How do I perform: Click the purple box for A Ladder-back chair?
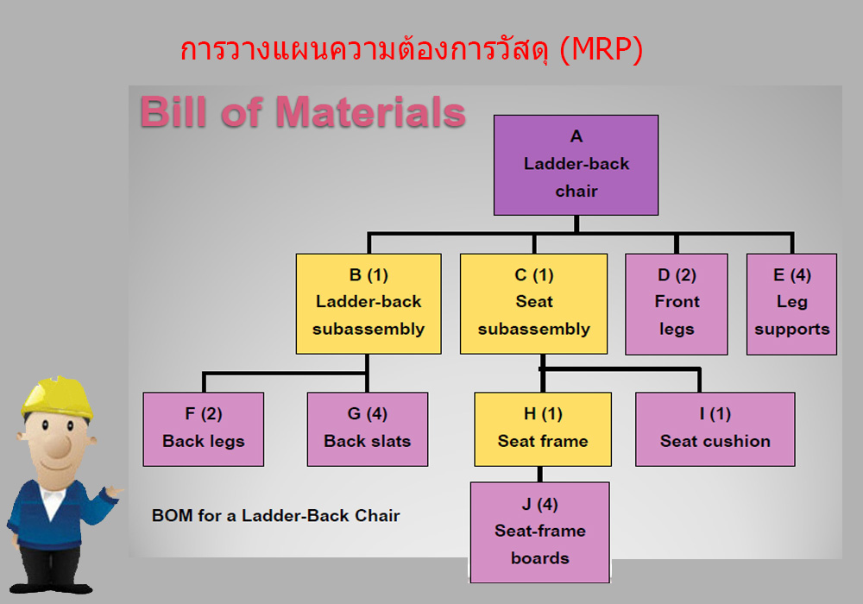pos(576,165)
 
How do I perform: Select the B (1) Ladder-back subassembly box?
pos(369,304)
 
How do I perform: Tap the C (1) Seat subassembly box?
pos(534,304)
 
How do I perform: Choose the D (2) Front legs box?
pos(677,305)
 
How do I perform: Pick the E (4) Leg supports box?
pos(791,305)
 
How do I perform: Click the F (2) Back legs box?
pos(204,429)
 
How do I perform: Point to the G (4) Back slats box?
pos(368,429)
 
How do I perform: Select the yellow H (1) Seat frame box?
pos(543,429)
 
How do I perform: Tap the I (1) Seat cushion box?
pos(715,429)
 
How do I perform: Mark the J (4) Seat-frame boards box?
pos(540,532)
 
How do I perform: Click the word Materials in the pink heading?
pos(370,112)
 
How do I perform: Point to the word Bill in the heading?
pos(174,112)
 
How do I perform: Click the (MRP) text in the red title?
pos(601,50)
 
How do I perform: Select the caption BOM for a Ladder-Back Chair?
pos(276,515)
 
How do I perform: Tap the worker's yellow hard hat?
pos(57,397)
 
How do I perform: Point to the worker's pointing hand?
pos(114,491)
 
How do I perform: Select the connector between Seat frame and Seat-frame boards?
pos(540,475)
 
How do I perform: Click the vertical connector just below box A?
pos(576,223)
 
